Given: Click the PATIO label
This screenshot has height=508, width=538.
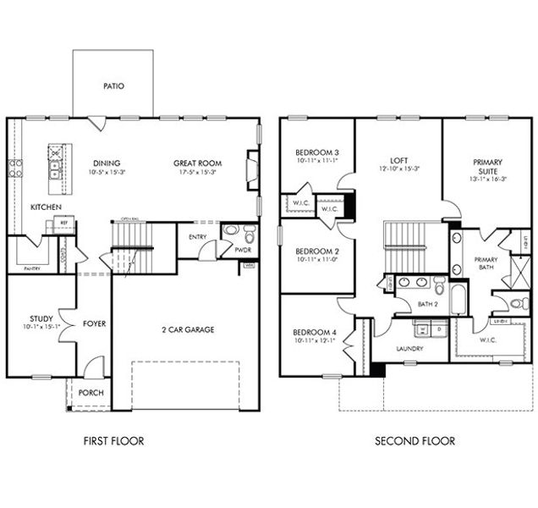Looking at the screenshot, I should click(x=113, y=86).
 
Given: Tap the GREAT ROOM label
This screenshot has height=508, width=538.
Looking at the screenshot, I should click(x=197, y=163).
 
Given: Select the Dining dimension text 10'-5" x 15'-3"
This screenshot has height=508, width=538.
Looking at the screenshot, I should click(x=107, y=172).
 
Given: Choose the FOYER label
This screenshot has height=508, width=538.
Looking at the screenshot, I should click(x=94, y=323).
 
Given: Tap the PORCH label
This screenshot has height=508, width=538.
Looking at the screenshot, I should click(x=90, y=393).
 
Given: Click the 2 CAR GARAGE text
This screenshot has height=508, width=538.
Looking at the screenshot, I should click(x=188, y=329).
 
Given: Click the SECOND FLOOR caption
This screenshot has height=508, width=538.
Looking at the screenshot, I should click(x=415, y=440).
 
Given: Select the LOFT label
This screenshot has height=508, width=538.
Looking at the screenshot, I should click(x=398, y=159).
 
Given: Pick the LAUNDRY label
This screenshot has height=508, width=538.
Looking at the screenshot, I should click(x=409, y=348).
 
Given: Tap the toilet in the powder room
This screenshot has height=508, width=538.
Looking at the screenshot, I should click(x=245, y=232).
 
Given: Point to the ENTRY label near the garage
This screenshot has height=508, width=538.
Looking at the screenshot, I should click(x=198, y=237).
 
